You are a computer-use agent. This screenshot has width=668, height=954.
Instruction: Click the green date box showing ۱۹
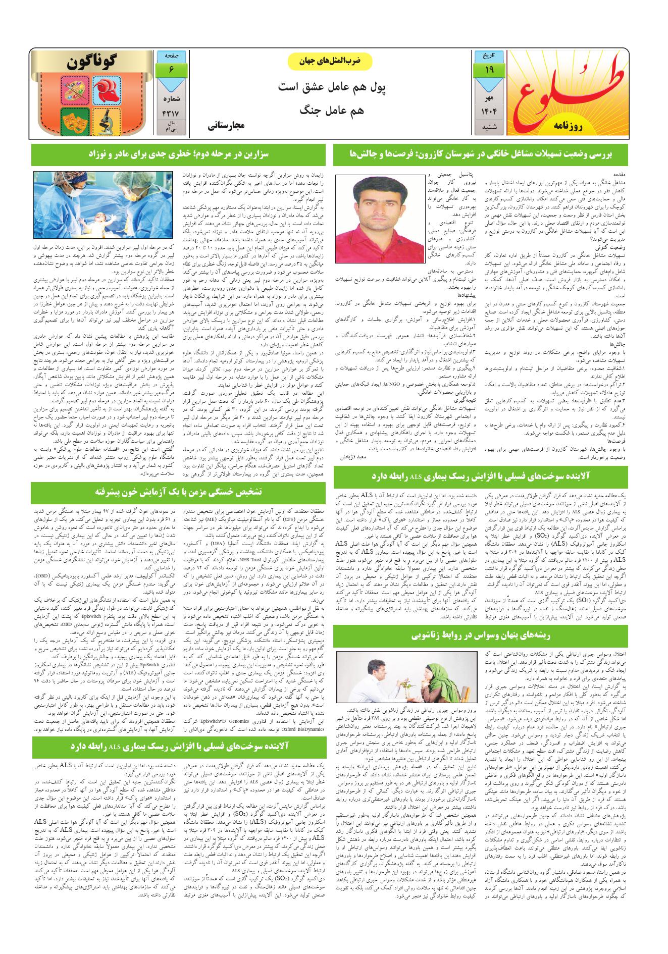pos(489,70)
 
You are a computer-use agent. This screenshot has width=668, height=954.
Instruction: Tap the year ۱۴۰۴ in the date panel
pos(489,110)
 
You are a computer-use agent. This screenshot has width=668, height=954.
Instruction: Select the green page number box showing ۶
pos(171,70)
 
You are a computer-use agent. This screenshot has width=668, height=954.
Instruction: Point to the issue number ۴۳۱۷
pos(171,113)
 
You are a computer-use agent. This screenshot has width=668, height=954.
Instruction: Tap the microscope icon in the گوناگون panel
pos(108,120)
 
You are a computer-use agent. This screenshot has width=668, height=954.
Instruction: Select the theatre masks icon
pos(74,120)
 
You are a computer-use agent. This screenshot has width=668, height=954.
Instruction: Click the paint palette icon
pos(74,89)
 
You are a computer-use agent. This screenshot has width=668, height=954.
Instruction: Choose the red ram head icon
pos(108,89)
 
